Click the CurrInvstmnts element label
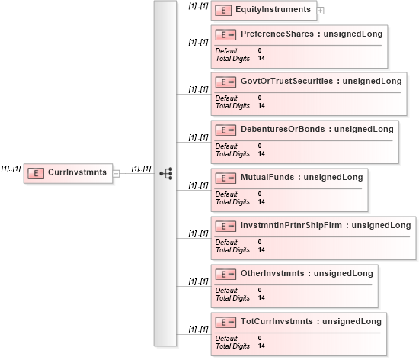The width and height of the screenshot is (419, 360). [x=77, y=172]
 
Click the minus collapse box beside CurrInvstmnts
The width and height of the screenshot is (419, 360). [x=116, y=174]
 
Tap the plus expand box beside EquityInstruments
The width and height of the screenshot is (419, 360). [x=320, y=11]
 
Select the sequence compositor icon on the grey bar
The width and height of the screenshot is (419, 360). [x=166, y=174]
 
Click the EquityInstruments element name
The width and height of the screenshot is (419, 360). [x=273, y=9]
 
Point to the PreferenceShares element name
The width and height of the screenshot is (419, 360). [x=277, y=34]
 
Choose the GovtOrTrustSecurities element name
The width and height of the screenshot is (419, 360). [x=286, y=81]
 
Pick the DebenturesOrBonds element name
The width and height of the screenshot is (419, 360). [x=283, y=129]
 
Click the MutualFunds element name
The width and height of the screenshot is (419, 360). [x=267, y=177]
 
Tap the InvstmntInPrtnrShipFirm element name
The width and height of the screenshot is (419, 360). [x=291, y=225]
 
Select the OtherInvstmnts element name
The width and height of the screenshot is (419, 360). [x=272, y=273]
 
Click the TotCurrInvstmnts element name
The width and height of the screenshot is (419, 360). [x=277, y=321]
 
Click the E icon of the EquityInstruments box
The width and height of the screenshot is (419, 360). [x=223, y=11]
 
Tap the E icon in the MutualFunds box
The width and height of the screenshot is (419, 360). [x=225, y=178]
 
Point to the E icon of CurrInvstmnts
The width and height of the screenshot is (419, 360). [x=36, y=173]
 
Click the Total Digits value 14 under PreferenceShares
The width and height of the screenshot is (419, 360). [x=261, y=58]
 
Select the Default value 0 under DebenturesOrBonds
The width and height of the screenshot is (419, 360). [x=260, y=146]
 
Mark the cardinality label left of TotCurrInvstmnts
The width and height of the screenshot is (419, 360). [x=198, y=329]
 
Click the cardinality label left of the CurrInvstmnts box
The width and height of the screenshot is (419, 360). [x=11, y=169]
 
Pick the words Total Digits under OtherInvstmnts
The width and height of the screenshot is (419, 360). [x=232, y=298]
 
